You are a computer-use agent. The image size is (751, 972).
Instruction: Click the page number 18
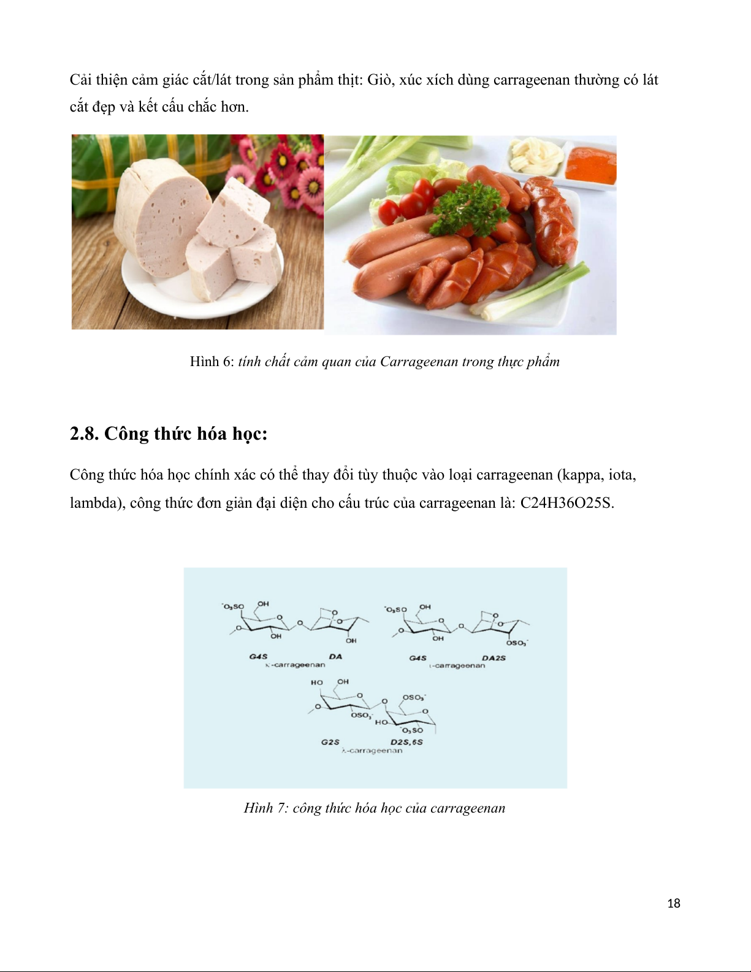[674, 903]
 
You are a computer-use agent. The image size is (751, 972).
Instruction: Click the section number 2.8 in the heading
[84, 434]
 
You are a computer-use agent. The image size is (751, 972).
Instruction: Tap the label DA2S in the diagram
[494, 658]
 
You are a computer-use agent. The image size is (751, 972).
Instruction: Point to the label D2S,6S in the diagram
[406, 742]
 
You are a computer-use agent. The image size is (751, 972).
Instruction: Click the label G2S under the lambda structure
[330, 742]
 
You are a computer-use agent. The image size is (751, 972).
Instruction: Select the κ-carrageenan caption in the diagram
[295, 665]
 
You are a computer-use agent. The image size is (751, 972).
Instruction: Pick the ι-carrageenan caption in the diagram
[457, 665]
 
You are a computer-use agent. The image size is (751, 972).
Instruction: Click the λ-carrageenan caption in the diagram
[372, 750]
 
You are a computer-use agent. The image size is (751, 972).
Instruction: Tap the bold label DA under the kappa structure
[335, 657]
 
